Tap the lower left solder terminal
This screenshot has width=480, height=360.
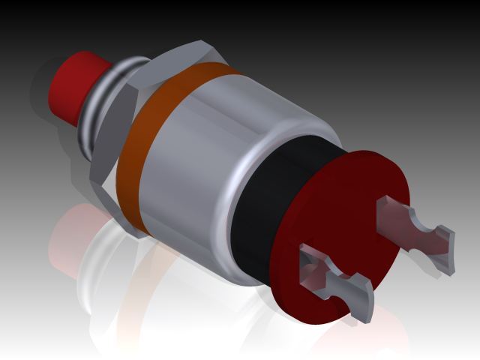point(337,281)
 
